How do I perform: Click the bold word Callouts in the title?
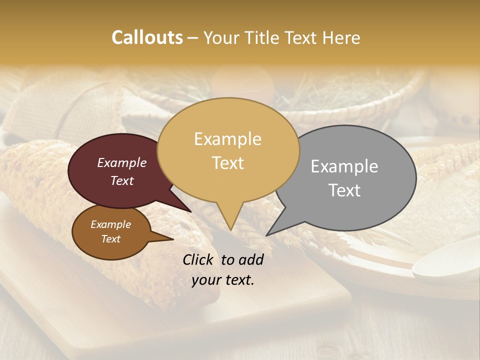tap(147, 37)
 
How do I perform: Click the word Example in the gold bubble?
tap(227, 139)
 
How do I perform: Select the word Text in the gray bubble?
tap(344, 190)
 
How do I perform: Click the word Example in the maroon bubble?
tap(122, 162)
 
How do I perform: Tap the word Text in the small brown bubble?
tap(111, 239)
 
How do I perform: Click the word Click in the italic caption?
tap(197, 259)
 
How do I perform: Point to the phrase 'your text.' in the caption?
tap(223, 280)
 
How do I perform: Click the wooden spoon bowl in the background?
tap(445, 265)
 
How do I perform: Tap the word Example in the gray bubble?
tap(344, 166)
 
